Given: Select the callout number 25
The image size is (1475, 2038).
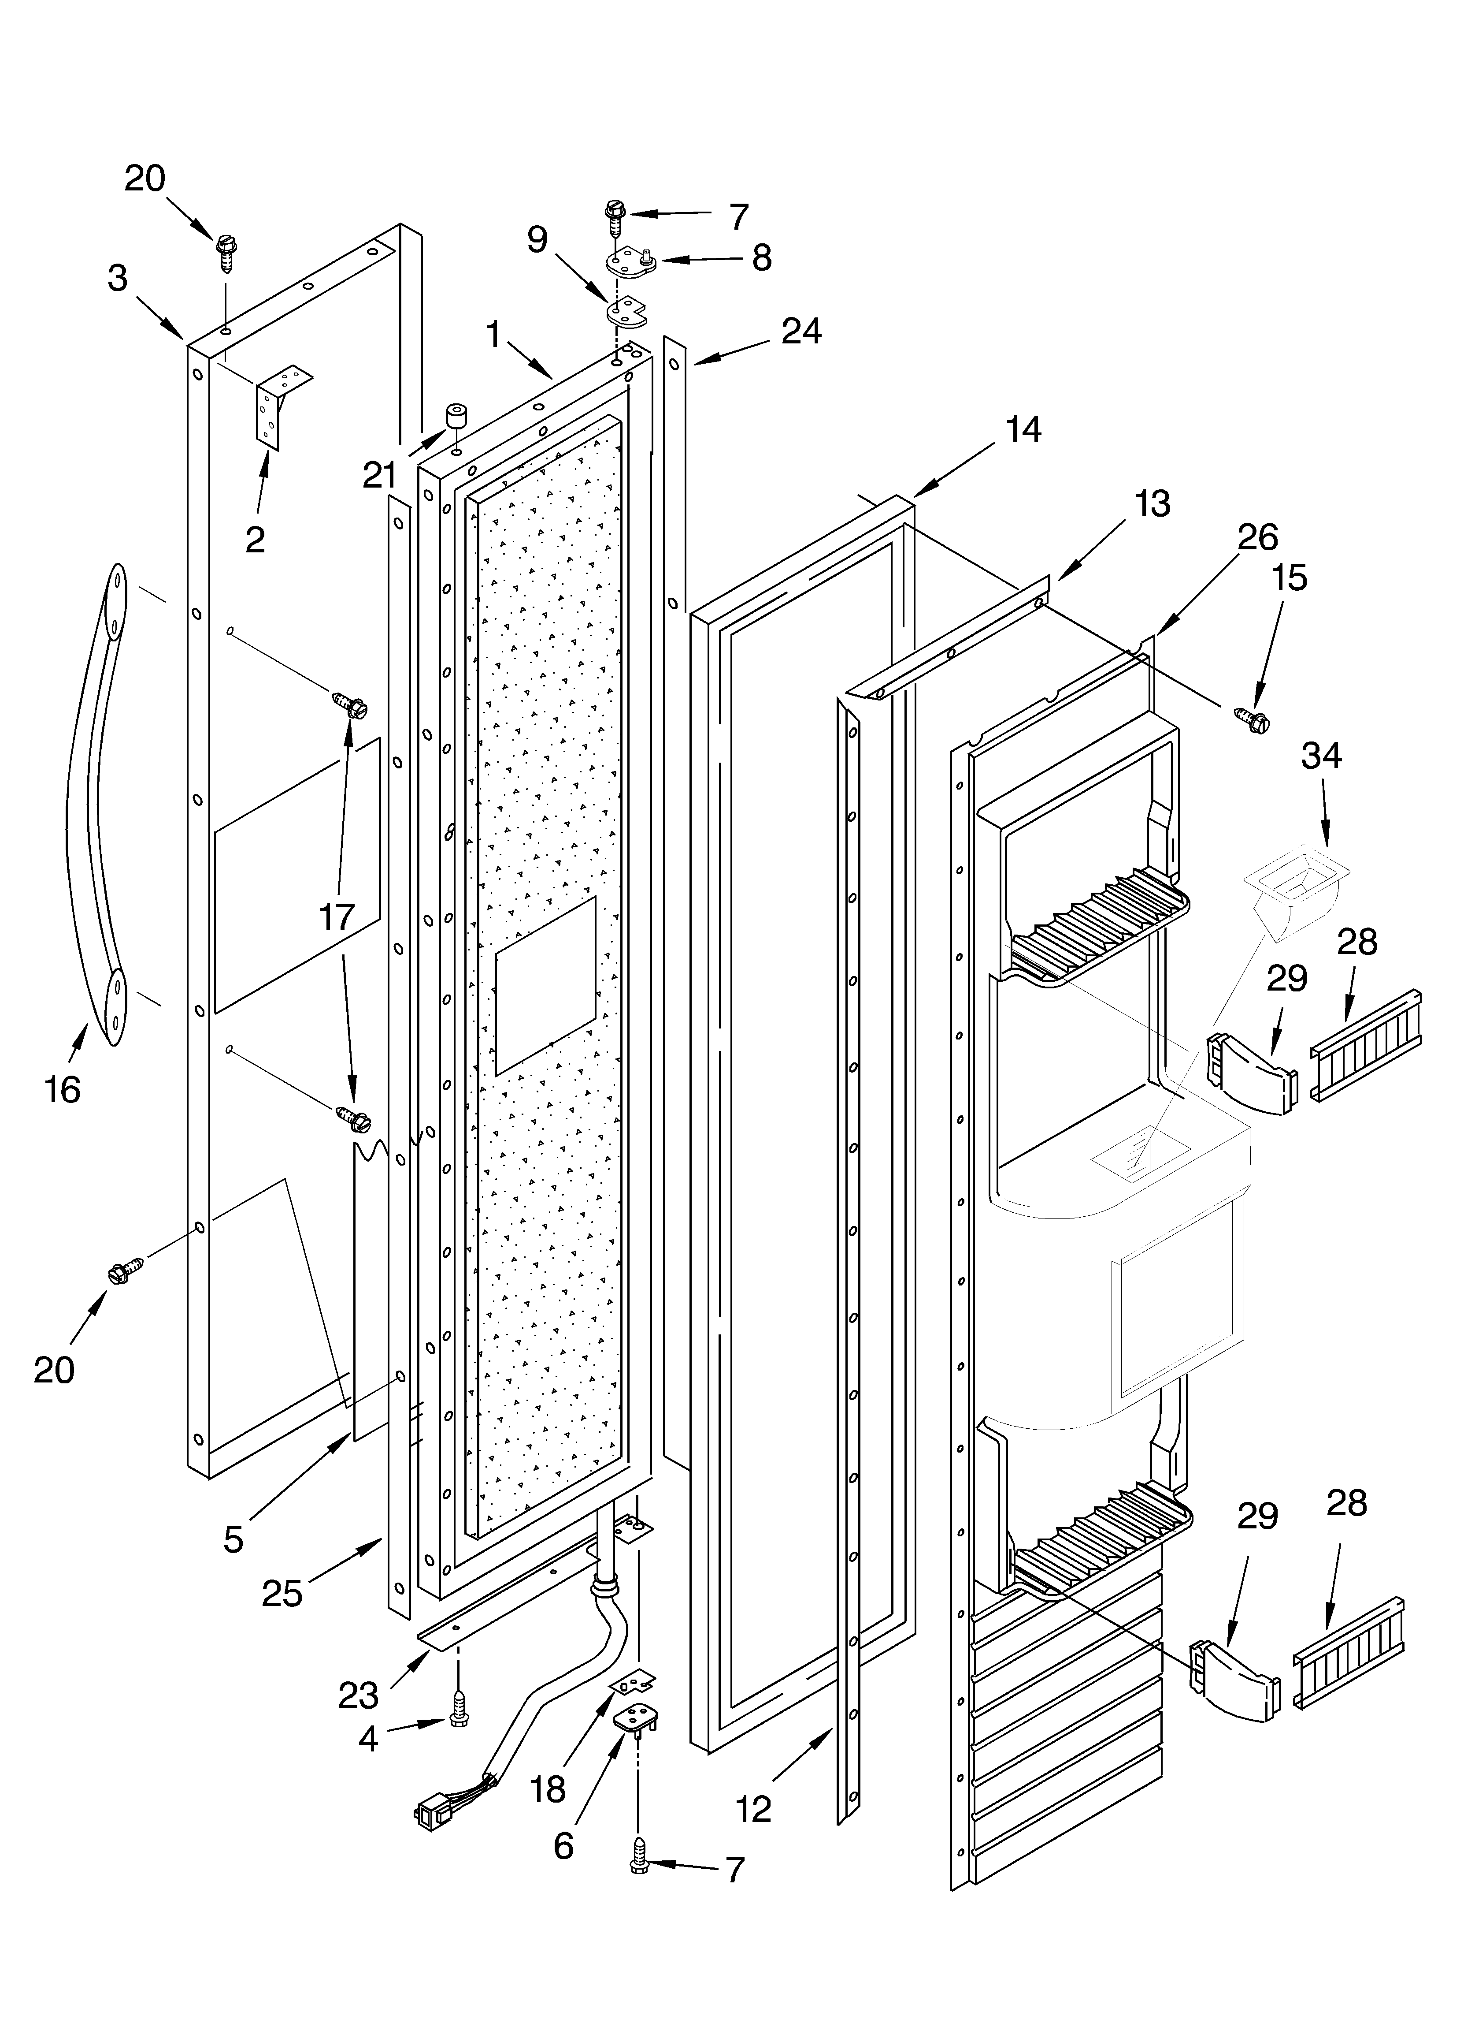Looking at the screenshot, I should [281, 1593].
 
